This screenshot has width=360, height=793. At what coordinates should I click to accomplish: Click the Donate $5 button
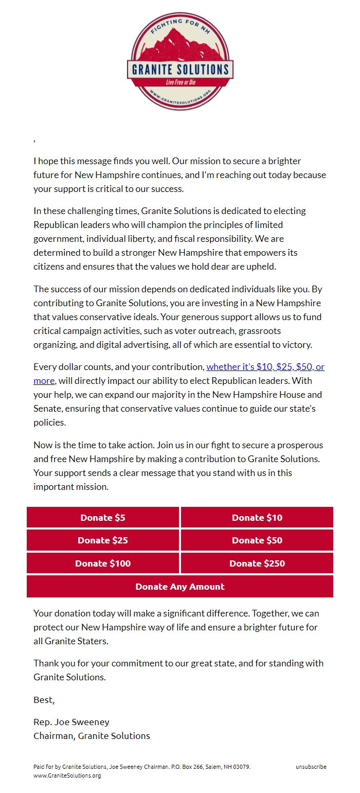103,518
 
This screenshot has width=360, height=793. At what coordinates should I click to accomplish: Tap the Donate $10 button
257,518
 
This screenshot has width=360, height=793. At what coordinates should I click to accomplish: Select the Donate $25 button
103,540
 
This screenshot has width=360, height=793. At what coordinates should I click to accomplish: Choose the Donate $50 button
257,540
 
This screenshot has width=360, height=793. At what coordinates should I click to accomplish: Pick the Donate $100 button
103,563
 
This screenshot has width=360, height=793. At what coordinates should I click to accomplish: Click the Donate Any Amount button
180,587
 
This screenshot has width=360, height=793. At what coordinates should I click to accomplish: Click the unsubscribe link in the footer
311,767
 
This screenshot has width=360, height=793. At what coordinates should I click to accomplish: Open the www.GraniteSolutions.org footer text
67,776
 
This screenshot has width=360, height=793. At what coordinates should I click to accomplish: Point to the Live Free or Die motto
180,82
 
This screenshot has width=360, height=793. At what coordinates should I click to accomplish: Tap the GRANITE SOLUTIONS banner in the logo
180,69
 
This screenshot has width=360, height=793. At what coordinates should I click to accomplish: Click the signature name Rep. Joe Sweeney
71,722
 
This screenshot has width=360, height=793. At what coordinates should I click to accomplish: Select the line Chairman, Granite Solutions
92,736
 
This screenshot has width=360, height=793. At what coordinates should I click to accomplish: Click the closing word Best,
44,700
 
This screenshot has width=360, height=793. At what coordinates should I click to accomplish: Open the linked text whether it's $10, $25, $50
265,367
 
